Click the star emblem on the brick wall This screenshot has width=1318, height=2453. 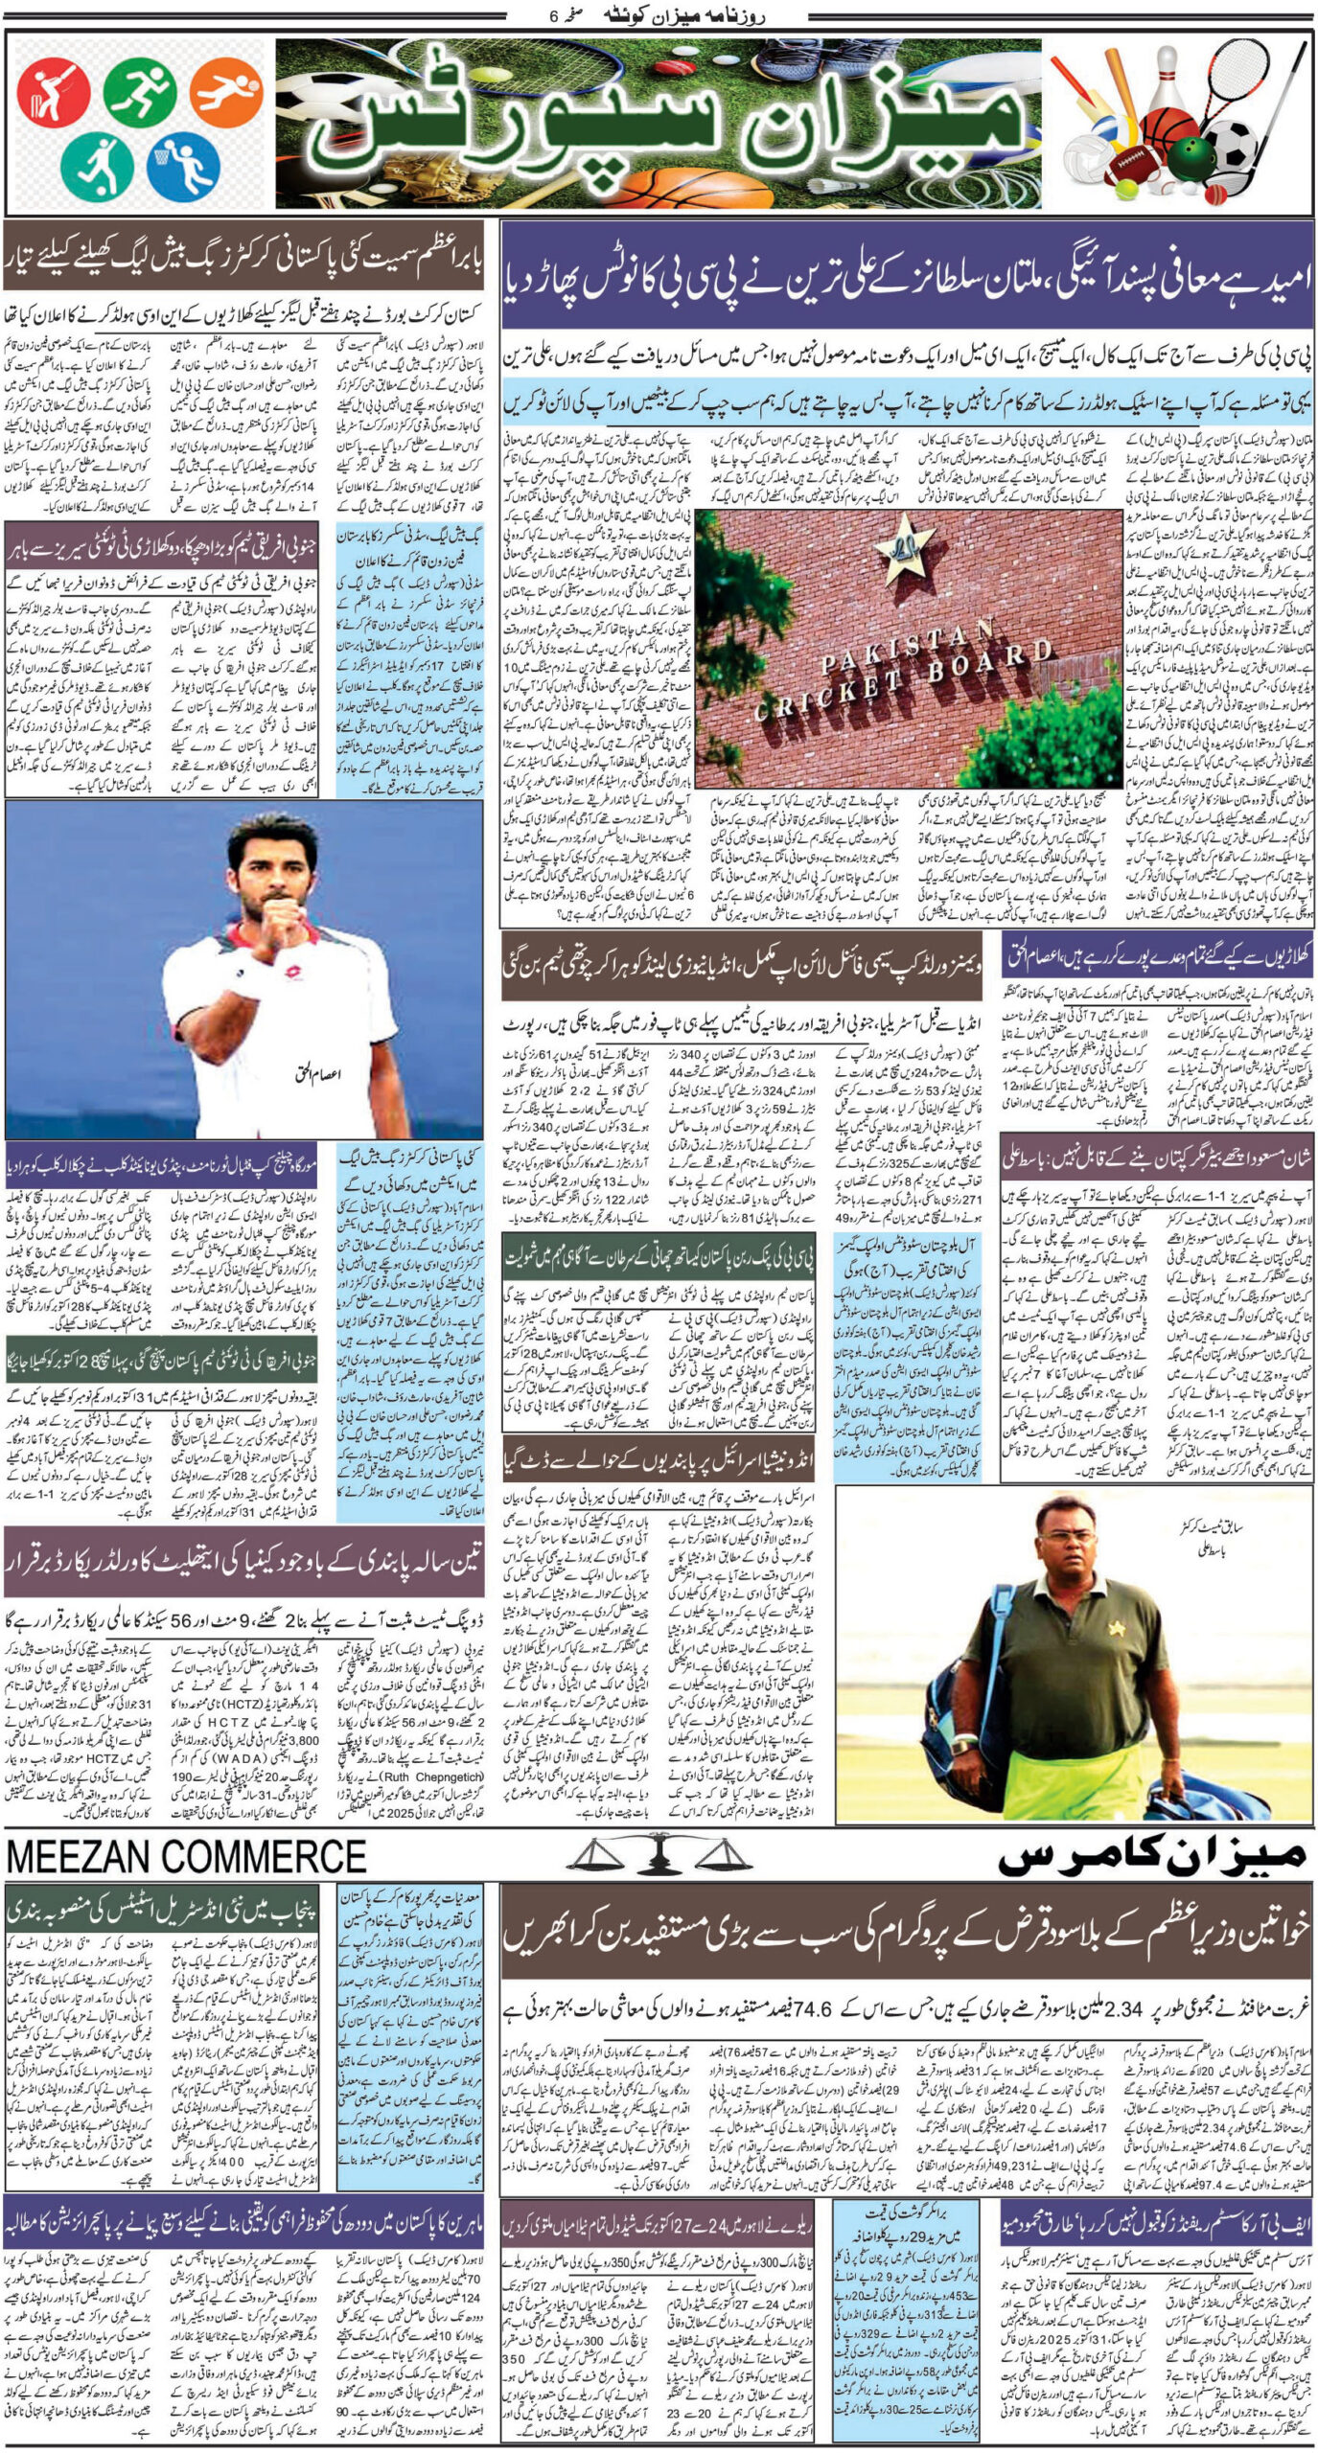point(902,559)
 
